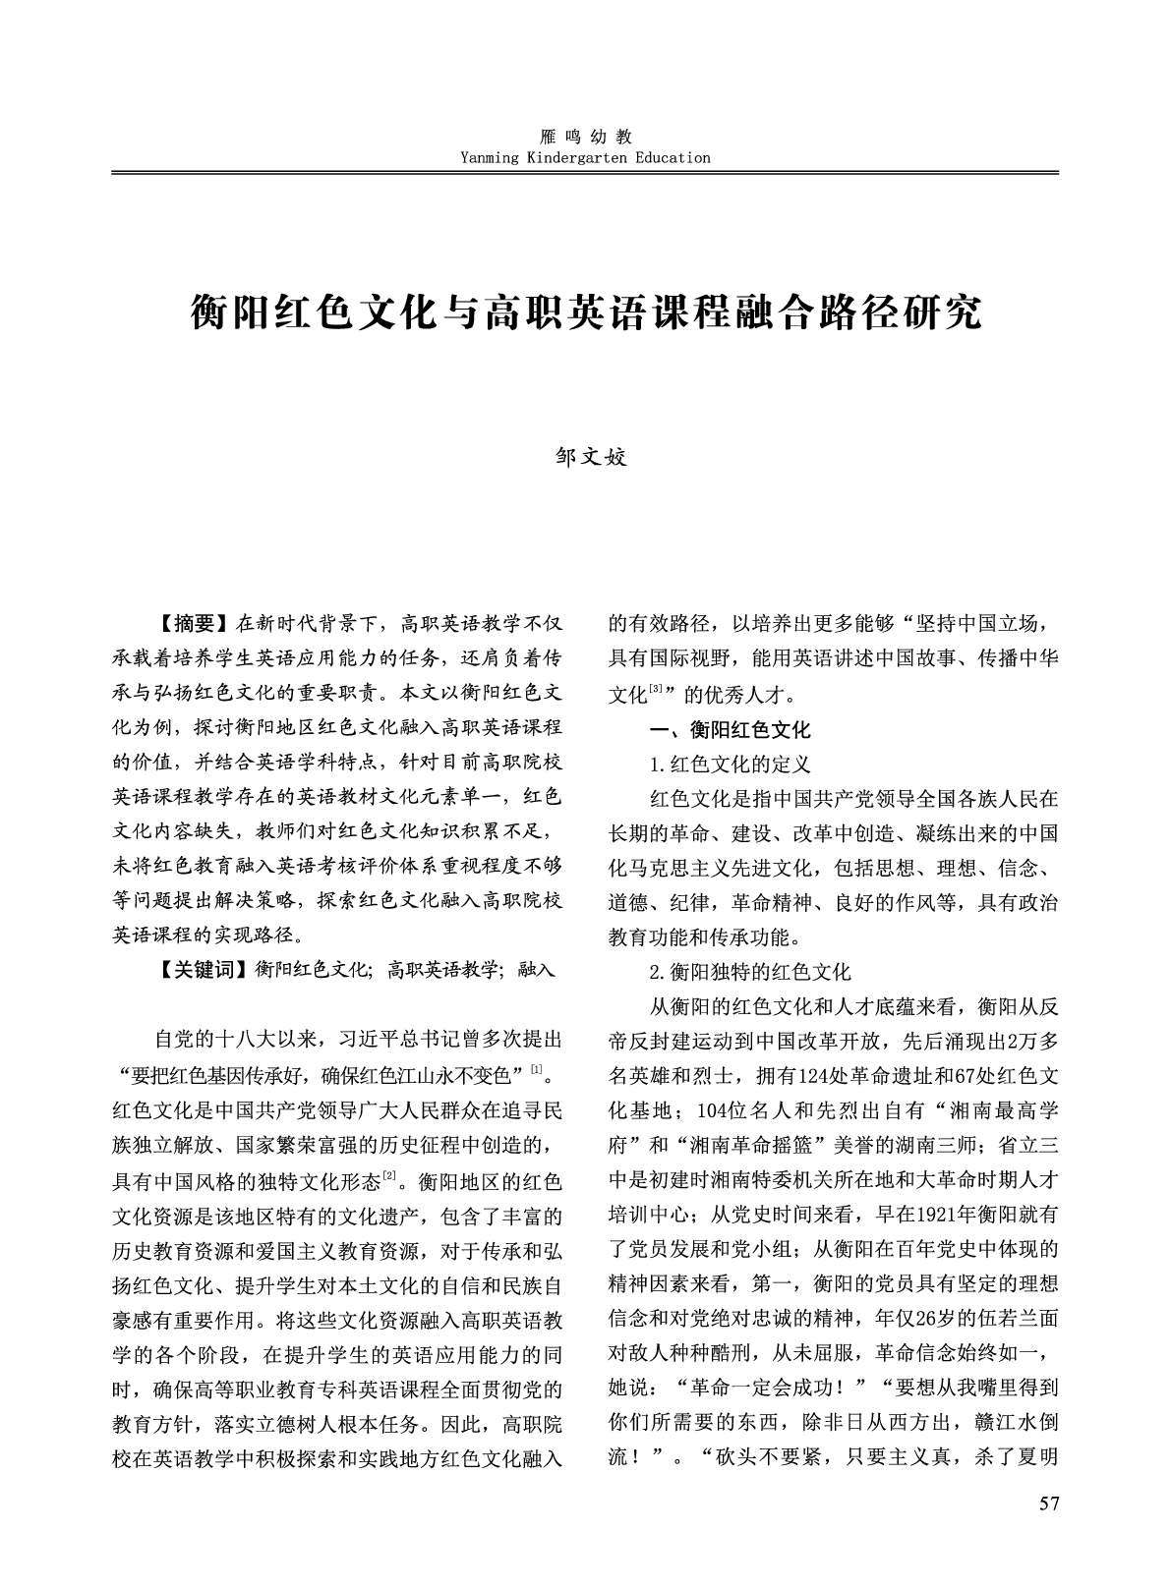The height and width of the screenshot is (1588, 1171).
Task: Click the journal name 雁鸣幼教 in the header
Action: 585,138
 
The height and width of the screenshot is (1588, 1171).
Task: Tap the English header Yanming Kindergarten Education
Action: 585,157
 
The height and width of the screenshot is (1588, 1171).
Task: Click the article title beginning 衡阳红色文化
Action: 585,312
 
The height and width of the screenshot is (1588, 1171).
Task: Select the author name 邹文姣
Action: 585,457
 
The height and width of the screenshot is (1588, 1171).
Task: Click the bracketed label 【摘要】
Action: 194,623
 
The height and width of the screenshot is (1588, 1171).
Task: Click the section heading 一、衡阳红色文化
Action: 731,729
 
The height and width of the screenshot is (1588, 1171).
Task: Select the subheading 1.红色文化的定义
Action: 730,764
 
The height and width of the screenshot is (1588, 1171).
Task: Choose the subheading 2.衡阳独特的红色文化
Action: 749,972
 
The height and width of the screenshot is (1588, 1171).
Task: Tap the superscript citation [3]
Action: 656,691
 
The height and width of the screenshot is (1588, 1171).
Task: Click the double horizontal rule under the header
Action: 585,173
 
